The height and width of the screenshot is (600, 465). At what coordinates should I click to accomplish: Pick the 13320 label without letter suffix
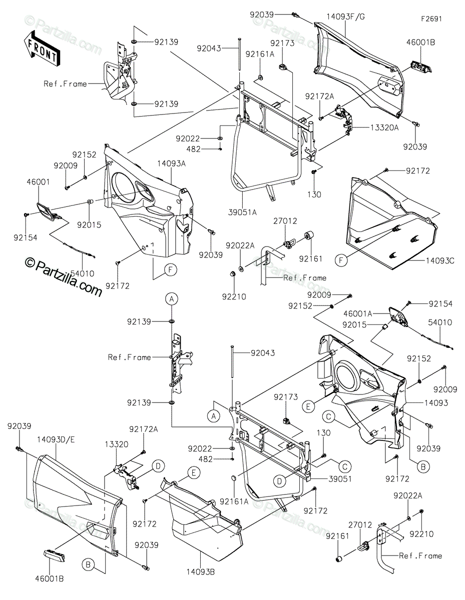tap(116, 443)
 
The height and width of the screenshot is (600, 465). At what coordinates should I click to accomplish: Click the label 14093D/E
tap(56, 439)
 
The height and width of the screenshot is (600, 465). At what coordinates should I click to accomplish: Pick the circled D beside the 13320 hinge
tap(158, 466)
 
